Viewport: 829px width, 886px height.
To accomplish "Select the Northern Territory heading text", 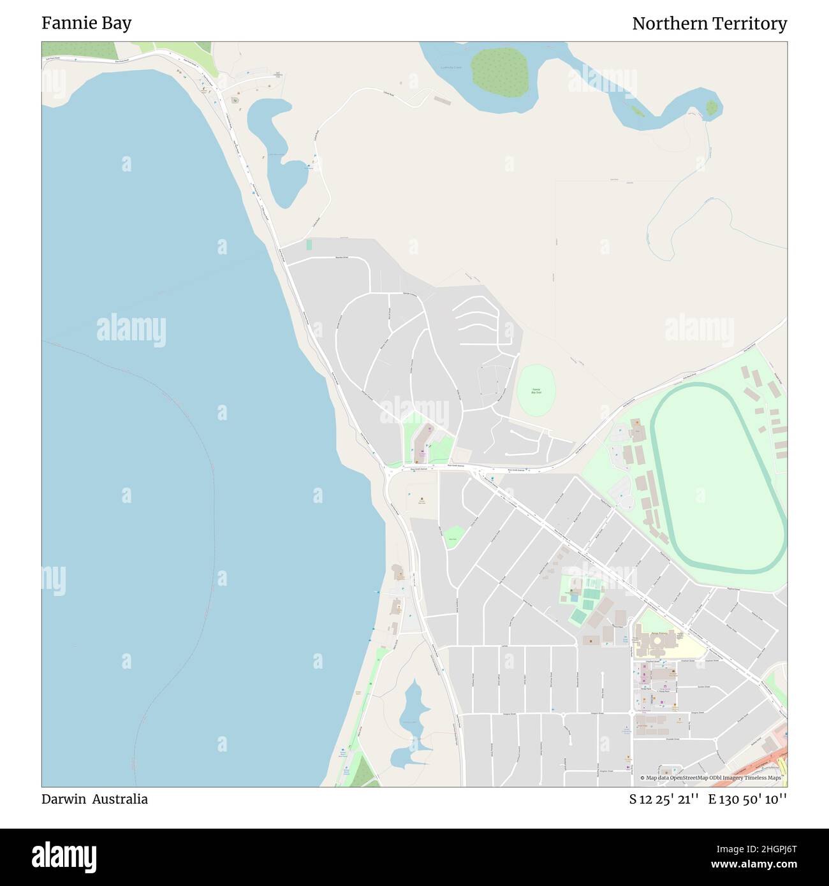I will [x=709, y=24].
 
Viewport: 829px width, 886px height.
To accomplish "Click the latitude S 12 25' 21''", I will [x=664, y=799].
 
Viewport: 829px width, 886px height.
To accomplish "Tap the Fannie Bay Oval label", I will [x=536, y=391].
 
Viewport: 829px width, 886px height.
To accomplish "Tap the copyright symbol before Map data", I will [x=643, y=778].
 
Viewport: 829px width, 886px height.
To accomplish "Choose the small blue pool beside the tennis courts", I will [x=573, y=599].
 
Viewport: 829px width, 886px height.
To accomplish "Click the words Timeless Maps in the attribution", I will [x=765, y=778].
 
